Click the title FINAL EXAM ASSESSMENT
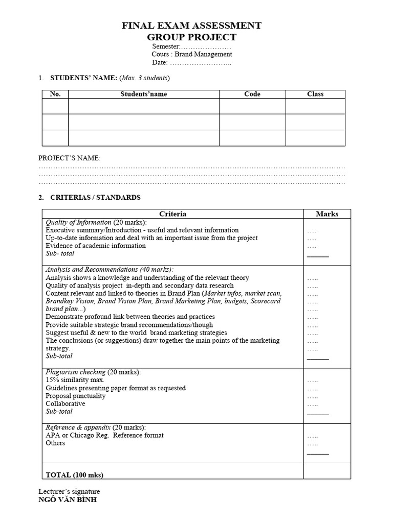[x=192, y=26]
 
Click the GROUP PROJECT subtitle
[x=192, y=37]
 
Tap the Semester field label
[x=166, y=46]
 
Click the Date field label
[x=160, y=62]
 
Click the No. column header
[x=55, y=94]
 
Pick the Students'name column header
[x=144, y=94]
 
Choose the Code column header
[x=252, y=94]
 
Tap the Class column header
[x=315, y=94]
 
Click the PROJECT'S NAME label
[x=70, y=158]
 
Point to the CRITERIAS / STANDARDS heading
[x=95, y=197]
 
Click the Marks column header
[x=327, y=214]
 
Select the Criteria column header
[x=173, y=214]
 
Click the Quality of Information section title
[x=78, y=222]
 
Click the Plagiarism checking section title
[x=76, y=372]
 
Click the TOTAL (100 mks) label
[x=75, y=475]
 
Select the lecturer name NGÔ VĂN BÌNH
[x=68, y=500]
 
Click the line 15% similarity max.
[x=75, y=380]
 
